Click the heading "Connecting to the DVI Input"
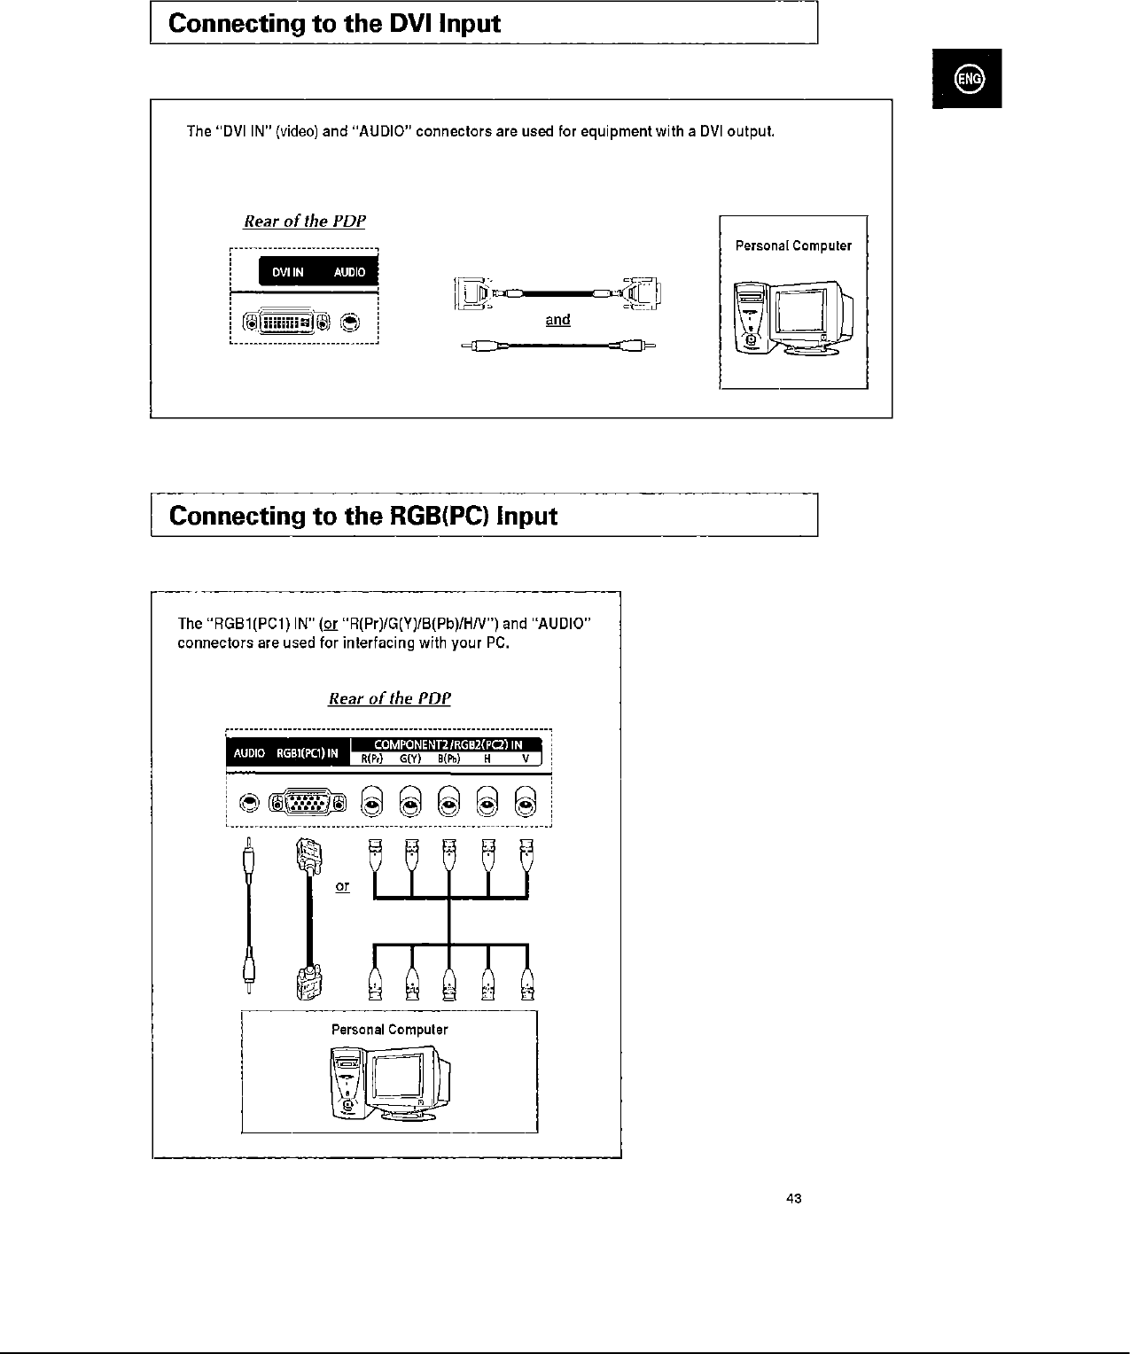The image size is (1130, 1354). point(334,24)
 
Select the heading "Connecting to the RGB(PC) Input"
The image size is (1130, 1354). point(362,516)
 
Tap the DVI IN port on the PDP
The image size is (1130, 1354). point(288,322)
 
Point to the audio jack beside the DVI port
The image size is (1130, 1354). point(352,322)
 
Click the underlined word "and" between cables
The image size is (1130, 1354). point(557,320)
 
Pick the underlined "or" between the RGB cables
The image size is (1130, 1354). point(343,886)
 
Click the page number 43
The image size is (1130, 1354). point(793,1199)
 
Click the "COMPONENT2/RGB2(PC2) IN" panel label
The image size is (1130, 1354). point(448,743)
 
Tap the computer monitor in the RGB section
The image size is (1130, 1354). point(403,1081)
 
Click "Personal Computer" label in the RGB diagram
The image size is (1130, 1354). point(389,1030)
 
